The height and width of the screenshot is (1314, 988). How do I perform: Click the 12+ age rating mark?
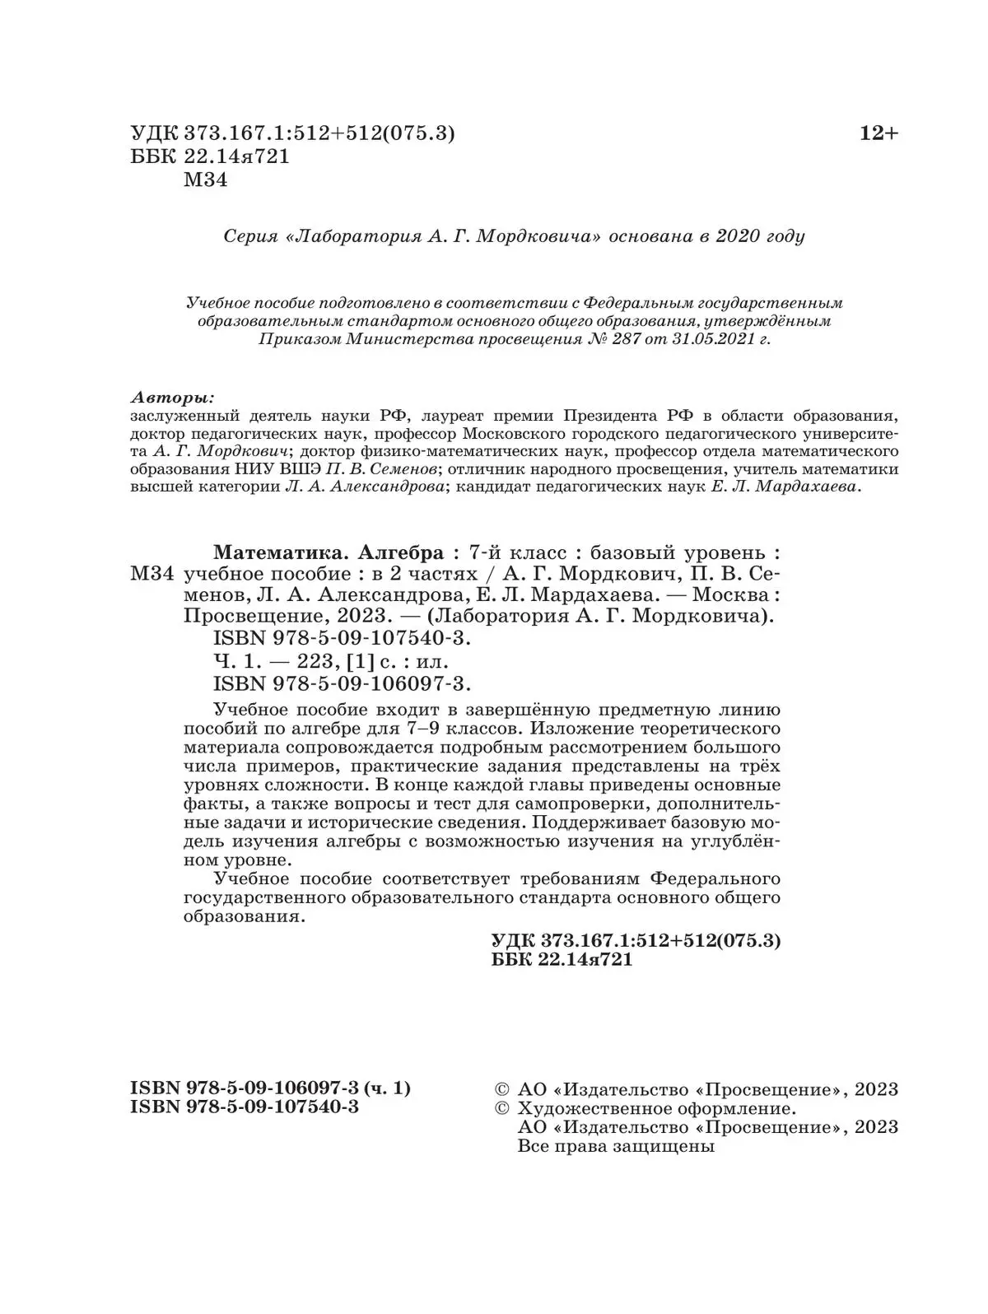[x=878, y=133]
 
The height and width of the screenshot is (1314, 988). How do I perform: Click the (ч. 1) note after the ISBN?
[x=386, y=1088]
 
